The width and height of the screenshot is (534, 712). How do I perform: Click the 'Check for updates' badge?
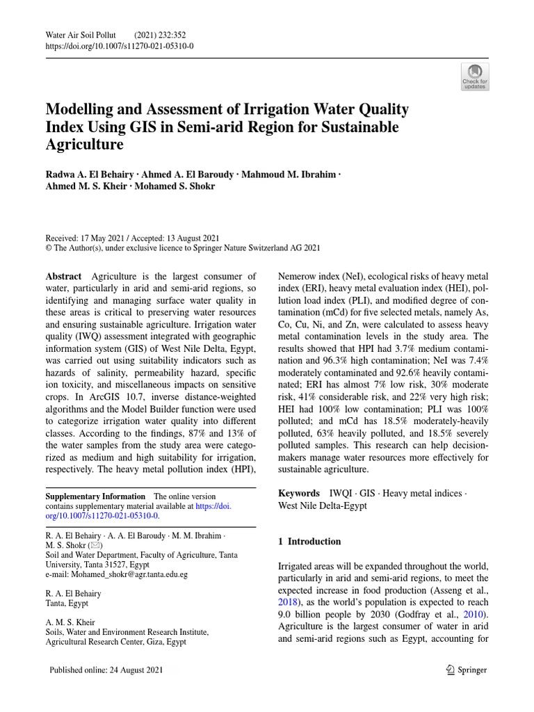[475, 76]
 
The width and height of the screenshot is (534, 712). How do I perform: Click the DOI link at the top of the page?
[119, 46]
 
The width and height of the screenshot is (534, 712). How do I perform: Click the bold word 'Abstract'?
[63, 277]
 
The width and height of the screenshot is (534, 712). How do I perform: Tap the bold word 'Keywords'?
[299, 493]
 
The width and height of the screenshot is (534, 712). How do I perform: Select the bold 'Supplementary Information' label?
[95, 496]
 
